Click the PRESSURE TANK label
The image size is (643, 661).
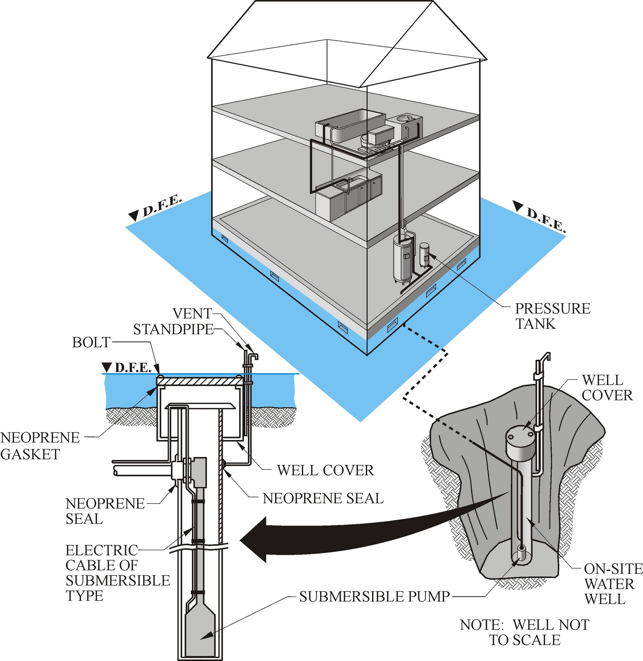552,316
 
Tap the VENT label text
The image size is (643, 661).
192,314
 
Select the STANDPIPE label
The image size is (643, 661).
173,329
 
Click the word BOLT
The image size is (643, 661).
91,342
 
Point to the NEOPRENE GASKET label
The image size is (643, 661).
40,446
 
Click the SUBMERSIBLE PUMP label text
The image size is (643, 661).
374,597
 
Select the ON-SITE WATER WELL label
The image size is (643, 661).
612,584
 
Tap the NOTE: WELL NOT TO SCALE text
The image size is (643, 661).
524,632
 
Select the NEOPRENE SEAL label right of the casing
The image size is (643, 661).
323,498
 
